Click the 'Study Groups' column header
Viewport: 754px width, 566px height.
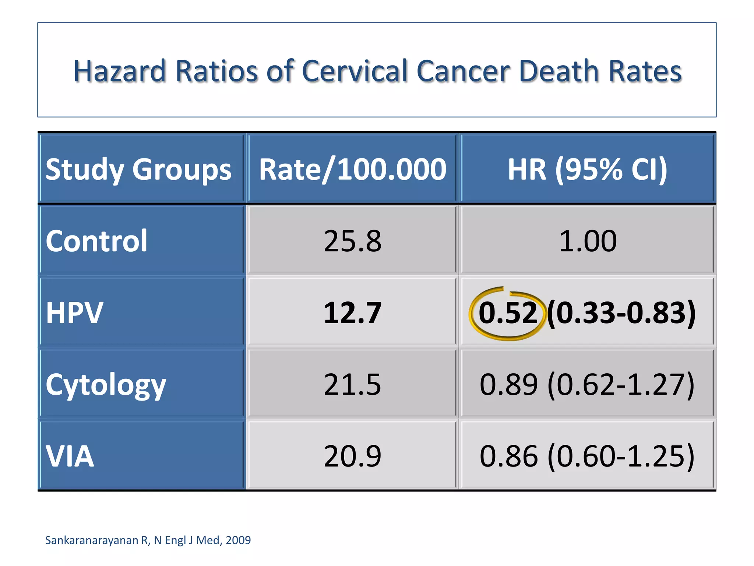point(138,170)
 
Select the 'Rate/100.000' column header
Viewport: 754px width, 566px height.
point(352,170)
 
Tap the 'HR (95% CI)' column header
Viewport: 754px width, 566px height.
point(587,170)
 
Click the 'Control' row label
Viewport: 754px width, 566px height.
point(96,241)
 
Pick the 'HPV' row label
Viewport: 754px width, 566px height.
point(74,313)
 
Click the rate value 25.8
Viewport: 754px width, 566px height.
point(352,241)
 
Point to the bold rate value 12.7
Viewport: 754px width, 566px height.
point(352,313)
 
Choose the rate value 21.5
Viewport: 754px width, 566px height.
point(352,385)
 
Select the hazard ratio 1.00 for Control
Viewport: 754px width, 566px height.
point(587,241)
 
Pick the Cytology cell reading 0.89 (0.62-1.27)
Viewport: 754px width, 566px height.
point(587,385)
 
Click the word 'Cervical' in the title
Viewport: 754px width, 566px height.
point(355,71)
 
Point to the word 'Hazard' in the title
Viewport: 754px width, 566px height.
point(120,71)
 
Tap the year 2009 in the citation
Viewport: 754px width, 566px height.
point(238,540)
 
